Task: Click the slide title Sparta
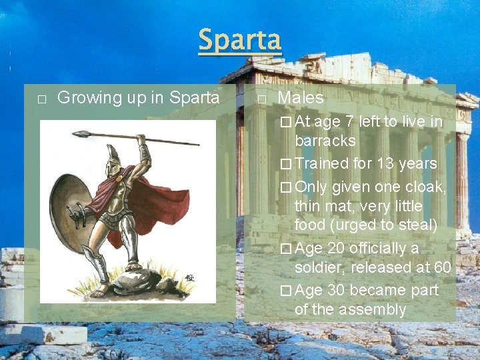click(x=240, y=41)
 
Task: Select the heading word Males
click(x=300, y=98)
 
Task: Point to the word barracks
click(x=325, y=141)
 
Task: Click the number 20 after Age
click(x=336, y=248)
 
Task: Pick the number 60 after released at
click(x=441, y=267)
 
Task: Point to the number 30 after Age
click(x=336, y=291)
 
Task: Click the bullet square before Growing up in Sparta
click(x=41, y=99)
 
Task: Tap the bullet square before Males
click(x=261, y=99)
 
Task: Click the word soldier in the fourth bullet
click(x=320, y=267)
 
